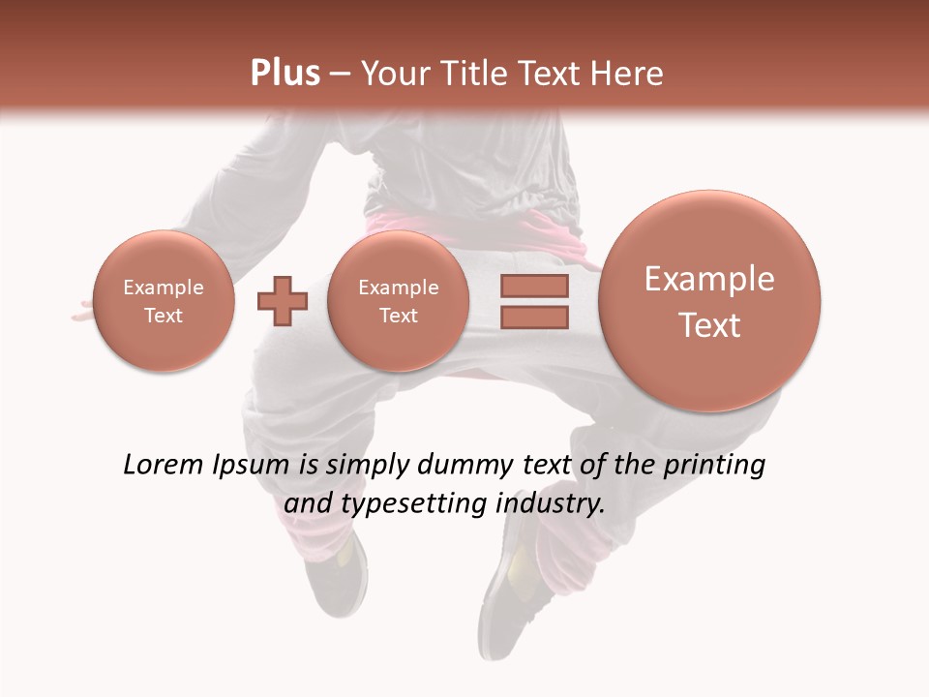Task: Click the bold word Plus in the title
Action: (x=285, y=73)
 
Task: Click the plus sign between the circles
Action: (x=282, y=301)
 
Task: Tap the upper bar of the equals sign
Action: (x=534, y=286)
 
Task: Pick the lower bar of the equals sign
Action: (x=534, y=317)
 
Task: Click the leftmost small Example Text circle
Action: (x=164, y=301)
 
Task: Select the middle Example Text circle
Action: (x=398, y=301)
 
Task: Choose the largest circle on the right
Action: (x=709, y=301)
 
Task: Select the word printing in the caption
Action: (x=713, y=466)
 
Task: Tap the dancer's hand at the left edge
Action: (x=81, y=312)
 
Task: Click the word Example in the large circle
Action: (x=709, y=279)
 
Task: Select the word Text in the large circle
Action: (x=709, y=325)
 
